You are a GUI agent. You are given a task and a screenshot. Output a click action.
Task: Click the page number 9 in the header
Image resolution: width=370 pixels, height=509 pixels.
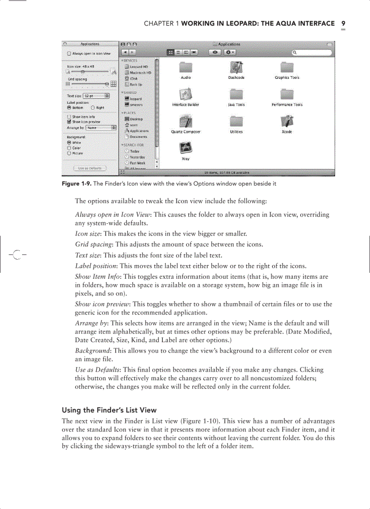[343, 23]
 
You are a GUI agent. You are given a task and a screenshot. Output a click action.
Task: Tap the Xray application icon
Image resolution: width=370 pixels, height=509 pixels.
[185, 148]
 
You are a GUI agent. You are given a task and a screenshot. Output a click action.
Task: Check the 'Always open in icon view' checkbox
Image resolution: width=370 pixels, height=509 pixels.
[69, 53]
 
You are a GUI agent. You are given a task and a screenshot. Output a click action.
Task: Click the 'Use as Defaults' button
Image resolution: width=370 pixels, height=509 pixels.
[90, 168]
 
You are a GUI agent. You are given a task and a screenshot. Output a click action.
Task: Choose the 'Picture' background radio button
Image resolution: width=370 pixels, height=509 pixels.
[69, 153]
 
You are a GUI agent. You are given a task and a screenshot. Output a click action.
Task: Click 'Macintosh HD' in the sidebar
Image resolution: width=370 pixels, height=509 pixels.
[140, 72]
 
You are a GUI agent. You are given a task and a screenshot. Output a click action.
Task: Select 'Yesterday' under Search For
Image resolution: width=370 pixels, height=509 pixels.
[138, 157]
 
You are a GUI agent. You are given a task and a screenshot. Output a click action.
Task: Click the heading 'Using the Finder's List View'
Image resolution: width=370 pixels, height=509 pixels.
[109, 411]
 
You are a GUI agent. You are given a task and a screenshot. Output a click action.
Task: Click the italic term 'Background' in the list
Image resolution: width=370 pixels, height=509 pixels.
[92, 351]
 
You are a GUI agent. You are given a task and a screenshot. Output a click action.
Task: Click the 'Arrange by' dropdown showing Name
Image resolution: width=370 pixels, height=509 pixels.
[101, 128]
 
